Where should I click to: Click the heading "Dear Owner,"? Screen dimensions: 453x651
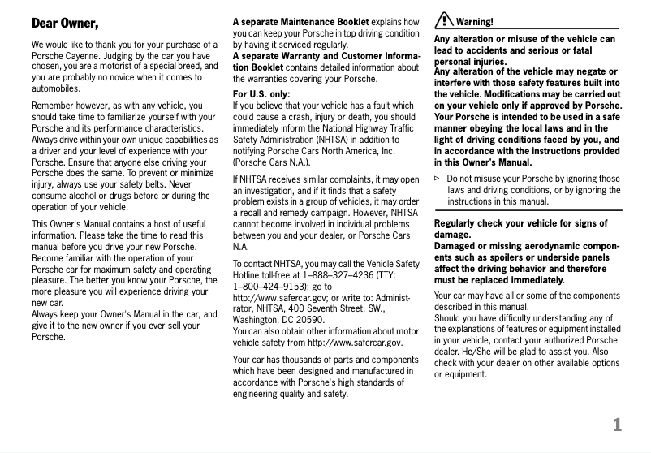(x=65, y=22)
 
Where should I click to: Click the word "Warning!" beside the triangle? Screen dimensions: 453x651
(x=476, y=22)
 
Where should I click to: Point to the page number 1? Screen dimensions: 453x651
(x=618, y=424)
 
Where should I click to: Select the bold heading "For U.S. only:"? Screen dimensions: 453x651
(x=262, y=93)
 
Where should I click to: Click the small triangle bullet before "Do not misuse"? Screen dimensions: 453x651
(x=438, y=178)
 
